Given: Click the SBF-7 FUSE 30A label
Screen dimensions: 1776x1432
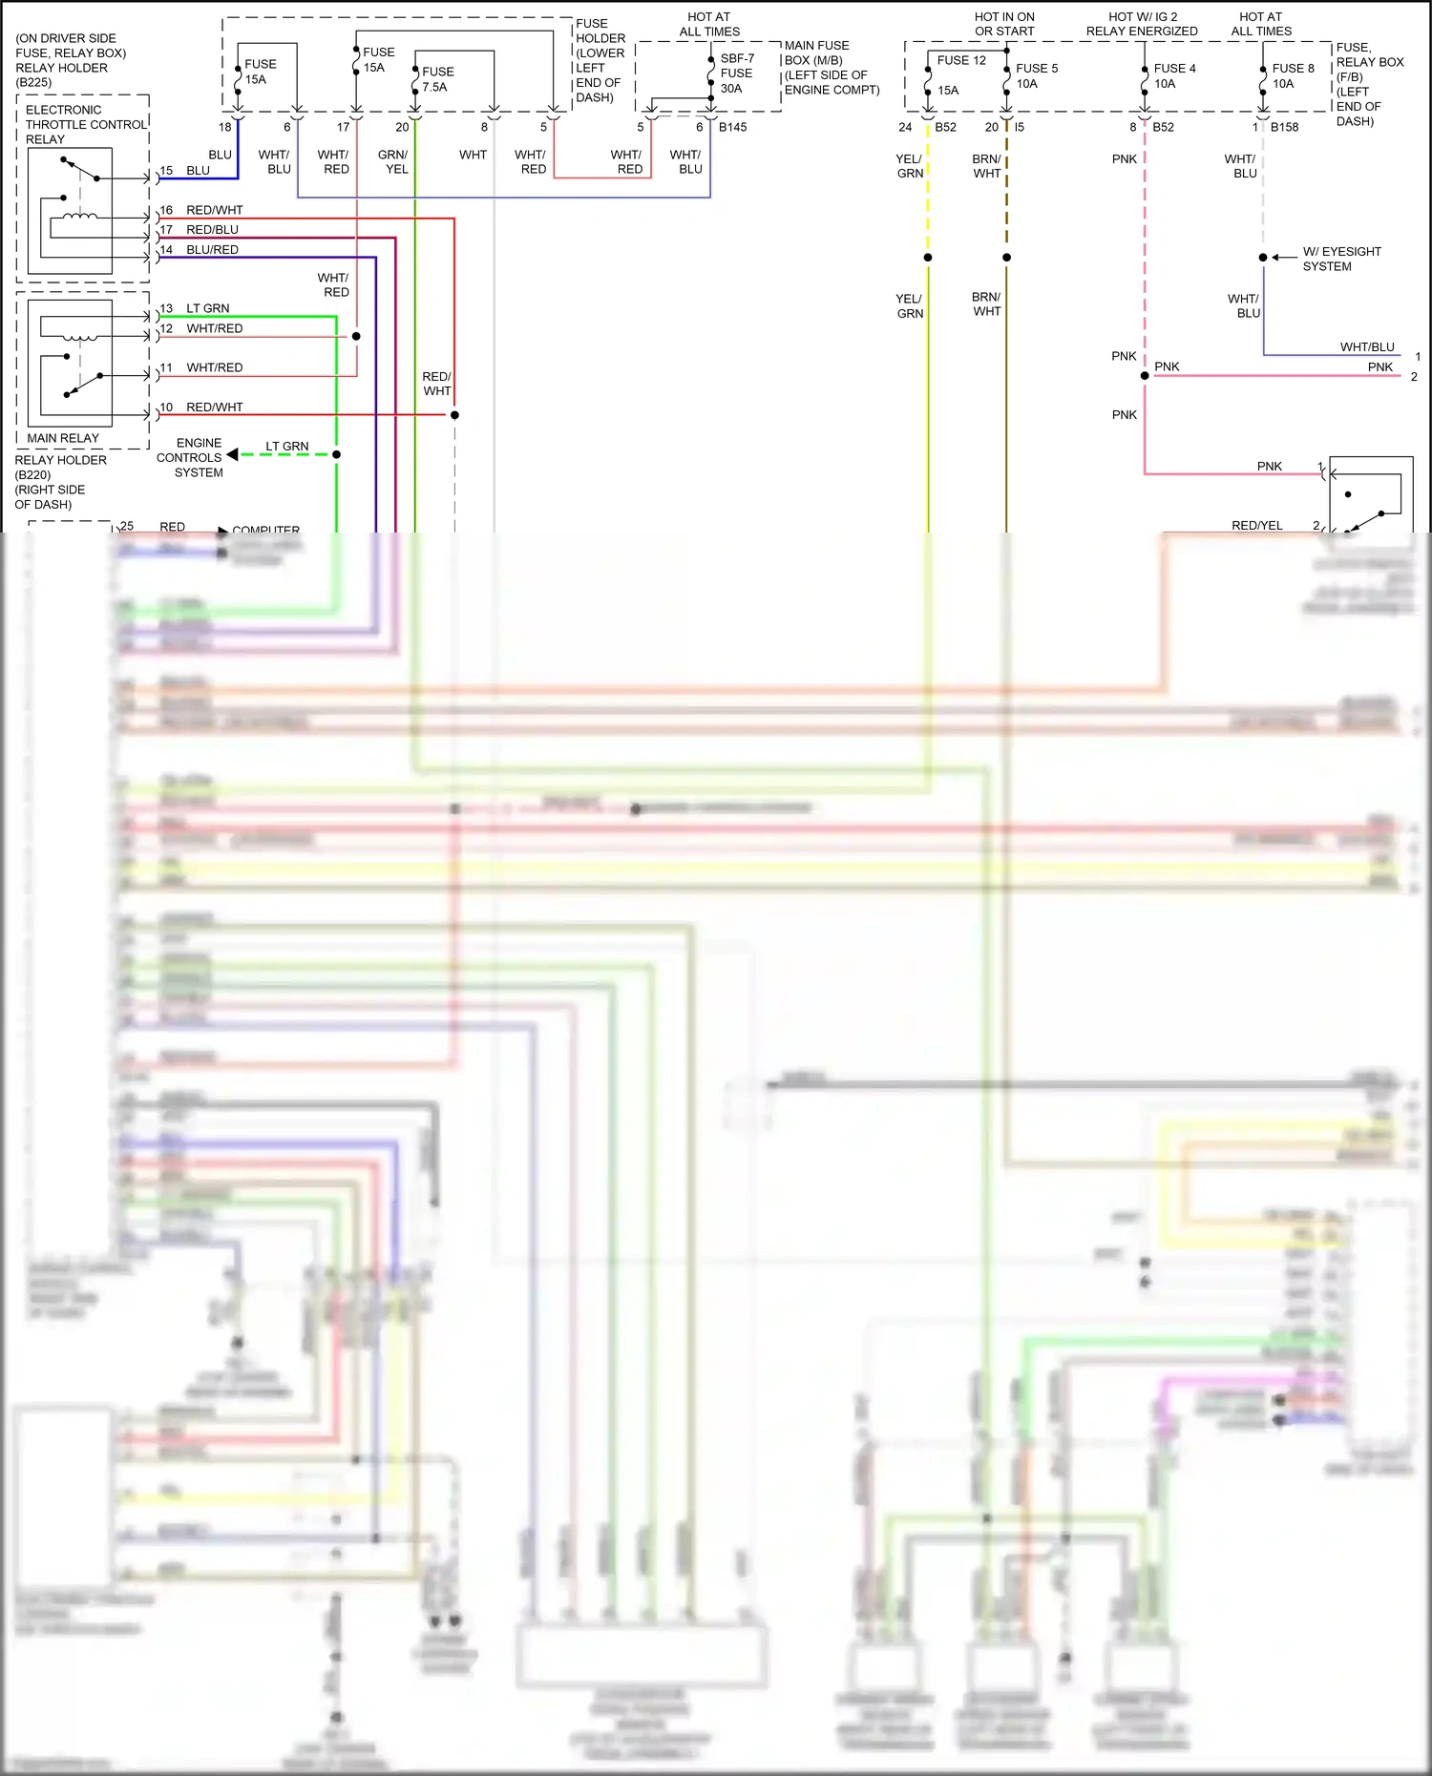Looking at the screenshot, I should click(x=736, y=73).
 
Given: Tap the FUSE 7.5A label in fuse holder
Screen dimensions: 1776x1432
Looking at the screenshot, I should click(x=437, y=79).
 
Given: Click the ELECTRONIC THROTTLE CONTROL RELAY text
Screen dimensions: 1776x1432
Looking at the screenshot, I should click(x=86, y=124).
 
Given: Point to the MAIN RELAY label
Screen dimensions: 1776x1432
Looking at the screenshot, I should click(x=63, y=438).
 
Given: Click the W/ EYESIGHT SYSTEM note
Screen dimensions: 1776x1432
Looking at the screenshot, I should click(x=1340, y=259).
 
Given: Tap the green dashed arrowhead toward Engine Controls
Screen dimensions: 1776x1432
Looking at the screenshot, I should click(x=233, y=454).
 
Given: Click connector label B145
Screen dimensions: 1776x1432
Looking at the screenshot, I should click(x=732, y=127).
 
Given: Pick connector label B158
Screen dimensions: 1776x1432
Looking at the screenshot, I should click(x=1284, y=127).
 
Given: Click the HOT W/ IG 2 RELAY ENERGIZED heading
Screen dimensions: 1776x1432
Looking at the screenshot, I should click(x=1142, y=24).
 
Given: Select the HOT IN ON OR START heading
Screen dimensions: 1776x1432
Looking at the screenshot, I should click(x=1004, y=24).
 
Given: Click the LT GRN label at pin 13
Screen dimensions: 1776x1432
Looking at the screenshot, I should click(x=207, y=308).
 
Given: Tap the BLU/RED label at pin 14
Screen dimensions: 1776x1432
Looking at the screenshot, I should click(x=212, y=250).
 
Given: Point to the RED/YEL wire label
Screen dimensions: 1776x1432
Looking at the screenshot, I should click(x=1256, y=526).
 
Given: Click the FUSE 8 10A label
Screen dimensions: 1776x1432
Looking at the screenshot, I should click(x=1292, y=75).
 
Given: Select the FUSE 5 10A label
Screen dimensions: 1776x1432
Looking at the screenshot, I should click(x=1036, y=75).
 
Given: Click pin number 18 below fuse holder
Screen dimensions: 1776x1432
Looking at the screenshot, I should click(x=224, y=127).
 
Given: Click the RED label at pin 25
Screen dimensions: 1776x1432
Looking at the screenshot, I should click(x=172, y=527).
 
